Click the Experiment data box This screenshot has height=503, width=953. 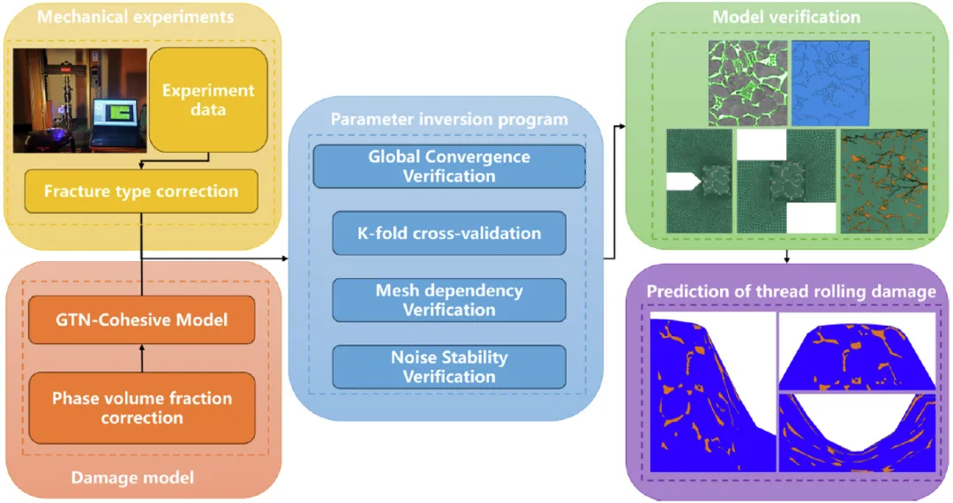(207, 101)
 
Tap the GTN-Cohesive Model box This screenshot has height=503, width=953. (141, 320)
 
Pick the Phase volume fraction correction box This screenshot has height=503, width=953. (141, 407)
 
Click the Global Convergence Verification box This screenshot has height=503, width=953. (448, 166)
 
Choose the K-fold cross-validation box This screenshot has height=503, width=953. (448, 233)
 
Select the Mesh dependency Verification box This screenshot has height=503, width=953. (448, 300)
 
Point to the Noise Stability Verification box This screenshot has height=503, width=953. (448, 367)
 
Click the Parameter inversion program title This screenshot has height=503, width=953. (448, 118)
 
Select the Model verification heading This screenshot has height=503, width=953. (786, 17)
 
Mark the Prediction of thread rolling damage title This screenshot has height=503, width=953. (791, 291)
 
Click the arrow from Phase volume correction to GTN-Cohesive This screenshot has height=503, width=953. (141, 357)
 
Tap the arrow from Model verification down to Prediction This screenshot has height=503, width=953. (785, 256)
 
